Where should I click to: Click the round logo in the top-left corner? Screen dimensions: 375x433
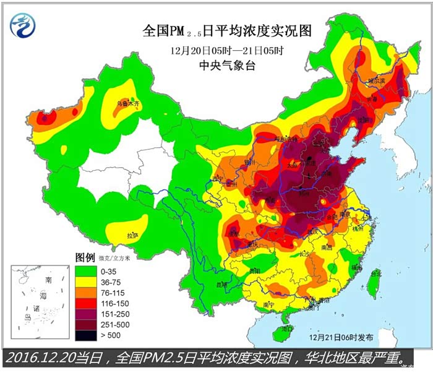(x=23, y=24)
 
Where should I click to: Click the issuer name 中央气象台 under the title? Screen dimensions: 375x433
(x=228, y=64)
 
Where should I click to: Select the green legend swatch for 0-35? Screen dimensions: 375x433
(x=86, y=270)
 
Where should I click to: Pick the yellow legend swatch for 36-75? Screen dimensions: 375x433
(x=86, y=281)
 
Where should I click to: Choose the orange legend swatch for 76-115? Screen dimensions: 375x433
(x=86, y=292)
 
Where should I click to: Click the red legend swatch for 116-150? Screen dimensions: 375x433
(x=86, y=303)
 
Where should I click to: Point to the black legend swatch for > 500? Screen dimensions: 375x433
(x=86, y=335)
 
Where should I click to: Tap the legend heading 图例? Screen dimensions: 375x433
(x=85, y=257)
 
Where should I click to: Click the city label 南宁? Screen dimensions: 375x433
(x=268, y=304)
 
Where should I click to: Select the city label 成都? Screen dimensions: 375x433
(x=234, y=234)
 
